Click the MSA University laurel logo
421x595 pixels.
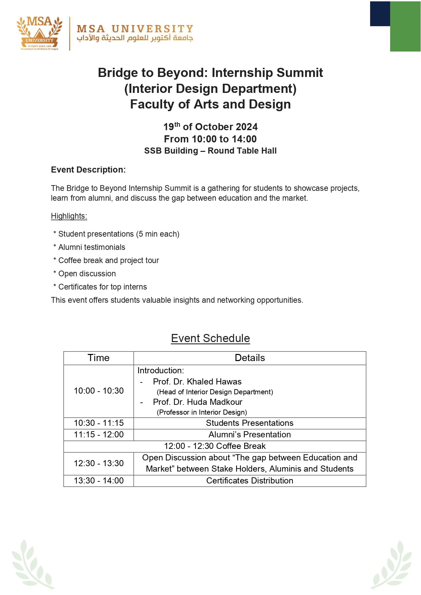pyautogui.click(x=39, y=33)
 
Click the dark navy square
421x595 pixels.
pyautogui.click(x=380, y=14)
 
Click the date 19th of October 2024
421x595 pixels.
pyautogui.click(x=210, y=127)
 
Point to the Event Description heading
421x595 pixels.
pyautogui.click(x=88, y=170)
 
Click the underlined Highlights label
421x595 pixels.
pyautogui.click(x=69, y=216)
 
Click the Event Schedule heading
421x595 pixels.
pyautogui.click(x=210, y=338)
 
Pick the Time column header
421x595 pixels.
pyautogui.click(x=98, y=358)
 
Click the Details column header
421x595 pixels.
pyautogui.click(x=250, y=358)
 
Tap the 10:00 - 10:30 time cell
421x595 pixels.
pyautogui.click(x=99, y=391)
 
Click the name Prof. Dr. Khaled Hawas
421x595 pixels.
pyautogui.click(x=197, y=382)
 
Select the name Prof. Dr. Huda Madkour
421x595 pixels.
pyautogui.click(x=197, y=402)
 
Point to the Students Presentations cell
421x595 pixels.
pyautogui.click(x=250, y=423)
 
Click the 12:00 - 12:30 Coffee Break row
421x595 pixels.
pyautogui.click(x=215, y=446)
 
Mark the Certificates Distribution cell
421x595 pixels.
pyautogui.click(x=250, y=481)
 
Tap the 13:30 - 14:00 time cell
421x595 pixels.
pyautogui.click(x=99, y=481)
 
